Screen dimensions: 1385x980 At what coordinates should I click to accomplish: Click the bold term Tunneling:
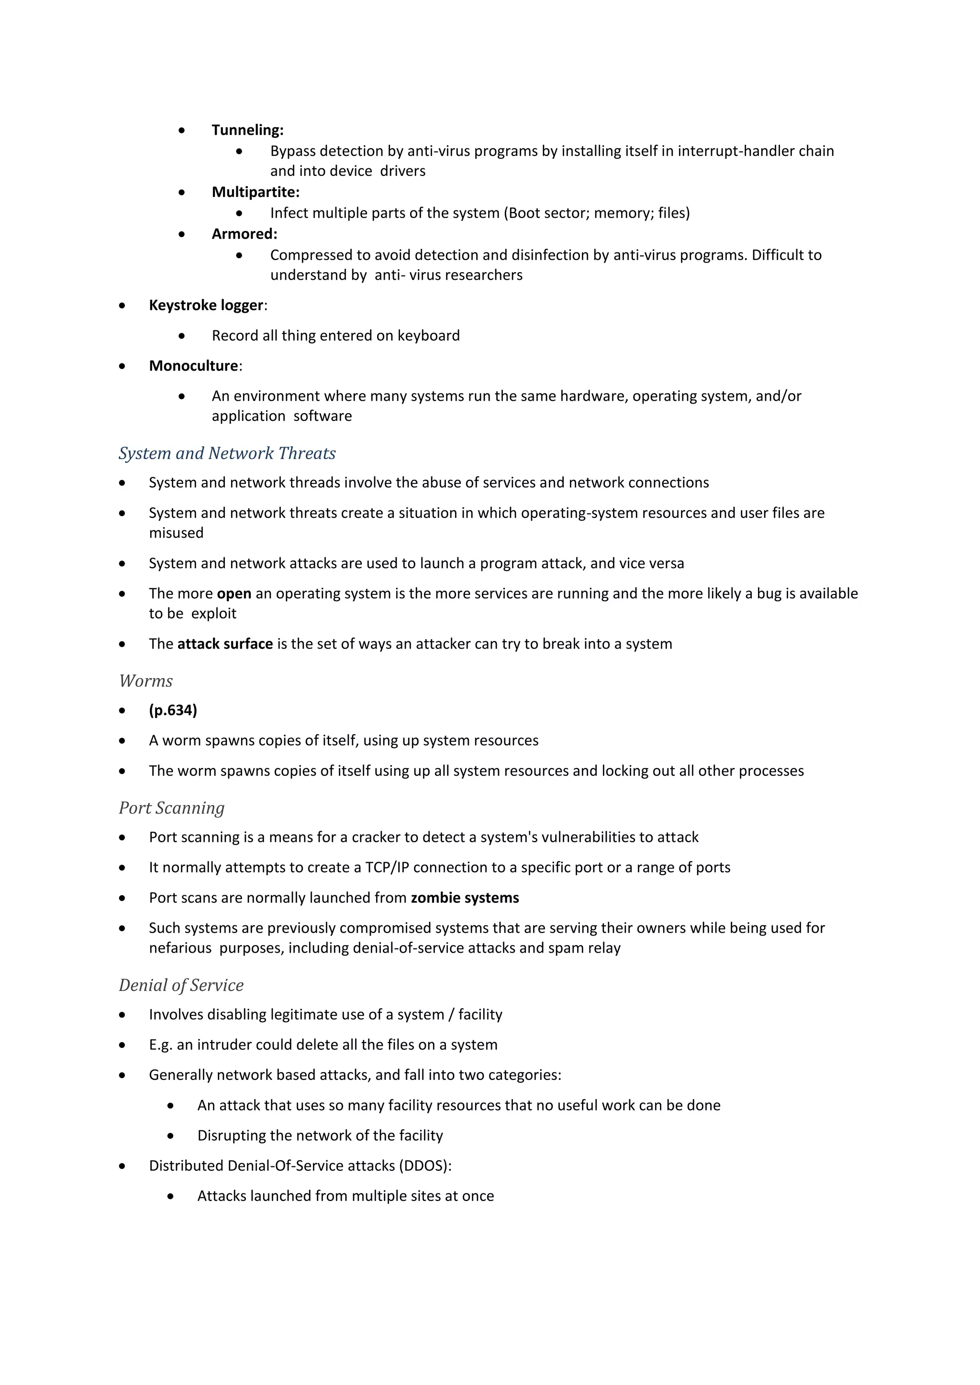[247, 130]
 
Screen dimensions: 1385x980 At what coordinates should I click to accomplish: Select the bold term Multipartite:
[255, 192]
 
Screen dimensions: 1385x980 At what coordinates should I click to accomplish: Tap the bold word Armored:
[245, 234]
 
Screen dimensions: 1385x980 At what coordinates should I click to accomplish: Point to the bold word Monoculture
[194, 366]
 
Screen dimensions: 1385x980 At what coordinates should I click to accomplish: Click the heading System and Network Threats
[227, 454]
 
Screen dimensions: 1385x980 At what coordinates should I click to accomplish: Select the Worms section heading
[146, 681]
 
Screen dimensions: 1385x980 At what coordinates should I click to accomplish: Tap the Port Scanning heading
[172, 808]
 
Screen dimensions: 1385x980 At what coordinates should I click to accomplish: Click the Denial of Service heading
[181, 986]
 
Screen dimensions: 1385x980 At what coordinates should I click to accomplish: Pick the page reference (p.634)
[173, 711]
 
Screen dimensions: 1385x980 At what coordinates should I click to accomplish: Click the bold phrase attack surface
[225, 644]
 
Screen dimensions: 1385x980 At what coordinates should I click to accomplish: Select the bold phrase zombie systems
[465, 898]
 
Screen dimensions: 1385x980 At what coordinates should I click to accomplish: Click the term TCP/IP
[387, 868]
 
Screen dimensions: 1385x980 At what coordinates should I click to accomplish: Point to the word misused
[176, 533]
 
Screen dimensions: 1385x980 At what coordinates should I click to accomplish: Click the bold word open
[234, 594]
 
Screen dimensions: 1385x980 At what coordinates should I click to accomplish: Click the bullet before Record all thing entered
[182, 336]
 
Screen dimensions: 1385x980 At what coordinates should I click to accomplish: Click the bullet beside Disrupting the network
[171, 1136]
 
